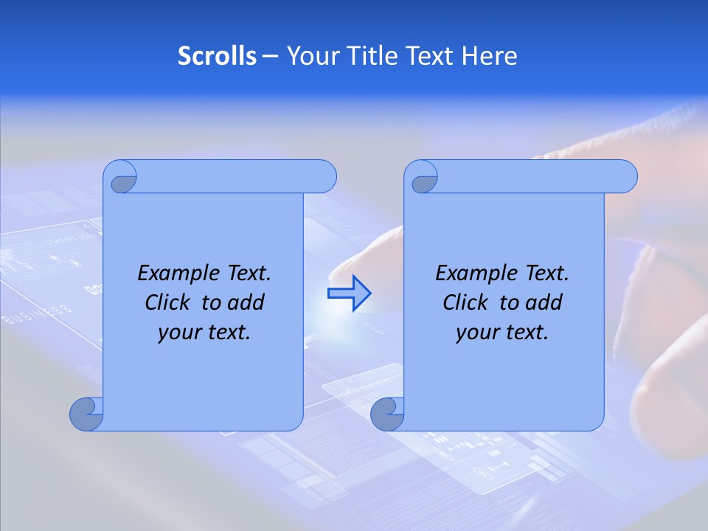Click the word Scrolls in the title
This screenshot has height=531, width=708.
tap(218, 56)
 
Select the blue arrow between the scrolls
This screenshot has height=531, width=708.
tap(349, 293)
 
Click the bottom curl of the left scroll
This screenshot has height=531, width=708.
tap(86, 414)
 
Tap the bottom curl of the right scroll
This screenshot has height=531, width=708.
tap(387, 414)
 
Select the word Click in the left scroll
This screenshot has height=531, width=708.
tap(167, 302)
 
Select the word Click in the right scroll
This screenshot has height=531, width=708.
tap(465, 302)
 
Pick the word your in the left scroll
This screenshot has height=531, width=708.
tap(178, 333)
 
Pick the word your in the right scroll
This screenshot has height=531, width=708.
tap(476, 333)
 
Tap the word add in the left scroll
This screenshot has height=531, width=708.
tap(246, 302)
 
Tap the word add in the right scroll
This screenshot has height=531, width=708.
tap(544, 302)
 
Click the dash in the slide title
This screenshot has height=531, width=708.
tap(271, 56)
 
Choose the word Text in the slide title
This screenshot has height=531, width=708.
tap(428, 56)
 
